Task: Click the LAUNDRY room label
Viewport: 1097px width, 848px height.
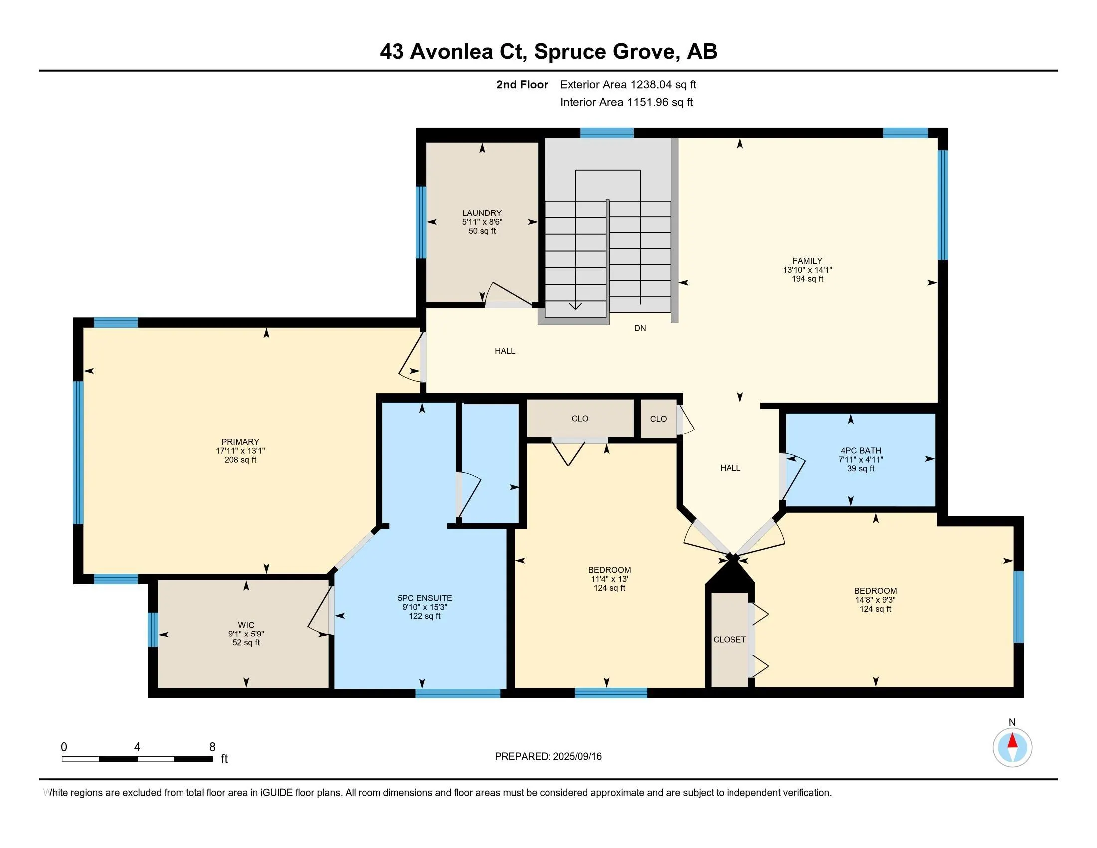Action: (482, 213)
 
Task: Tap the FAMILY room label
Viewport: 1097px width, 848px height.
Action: (807, 261)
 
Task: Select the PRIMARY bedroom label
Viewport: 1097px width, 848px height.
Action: (240, 442)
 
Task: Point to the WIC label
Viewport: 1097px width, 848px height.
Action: (246, 625)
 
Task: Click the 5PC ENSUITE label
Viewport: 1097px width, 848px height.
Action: (424, 598)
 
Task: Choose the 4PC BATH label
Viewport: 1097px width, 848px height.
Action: (861, 450)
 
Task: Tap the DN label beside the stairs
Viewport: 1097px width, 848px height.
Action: (640, 328)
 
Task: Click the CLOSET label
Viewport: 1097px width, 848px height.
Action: (730, 639)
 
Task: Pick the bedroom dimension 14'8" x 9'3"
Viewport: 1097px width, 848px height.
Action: (875, 600)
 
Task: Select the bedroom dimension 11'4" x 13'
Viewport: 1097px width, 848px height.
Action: (609, 579)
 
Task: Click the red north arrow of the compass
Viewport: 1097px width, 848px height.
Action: (1012, 741)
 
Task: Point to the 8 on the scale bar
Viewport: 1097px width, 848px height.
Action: (212, 747)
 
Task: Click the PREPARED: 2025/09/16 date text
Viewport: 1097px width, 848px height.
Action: (548, 756)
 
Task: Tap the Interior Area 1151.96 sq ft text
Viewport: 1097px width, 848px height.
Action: (626, 102)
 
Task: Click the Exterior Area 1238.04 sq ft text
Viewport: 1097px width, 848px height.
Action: (628, 84)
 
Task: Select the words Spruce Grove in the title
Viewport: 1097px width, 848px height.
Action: (605, 52)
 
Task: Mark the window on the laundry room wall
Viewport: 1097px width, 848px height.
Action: (421, 222)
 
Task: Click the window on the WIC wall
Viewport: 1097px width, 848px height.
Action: (153, 630)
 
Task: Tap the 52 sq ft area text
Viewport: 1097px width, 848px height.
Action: (246, 642)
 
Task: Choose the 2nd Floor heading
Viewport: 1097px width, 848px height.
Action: (522, 84)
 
